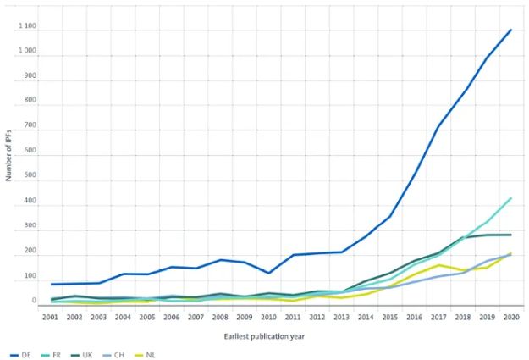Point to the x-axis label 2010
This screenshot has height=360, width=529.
coord(270,316)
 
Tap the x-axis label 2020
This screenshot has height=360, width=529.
coord(512,316)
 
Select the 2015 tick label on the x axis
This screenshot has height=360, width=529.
coord(391,316)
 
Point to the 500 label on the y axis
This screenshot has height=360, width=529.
coord(30,178)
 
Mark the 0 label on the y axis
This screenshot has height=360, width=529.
coord(34,300)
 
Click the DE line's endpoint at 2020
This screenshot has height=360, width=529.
coord(511,30)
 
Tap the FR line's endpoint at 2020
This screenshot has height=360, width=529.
coord(511,198)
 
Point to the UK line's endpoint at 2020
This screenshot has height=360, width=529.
coord(511,235)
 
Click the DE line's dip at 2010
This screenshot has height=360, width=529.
coord(269,273)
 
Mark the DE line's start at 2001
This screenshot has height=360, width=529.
coord(52,284)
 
